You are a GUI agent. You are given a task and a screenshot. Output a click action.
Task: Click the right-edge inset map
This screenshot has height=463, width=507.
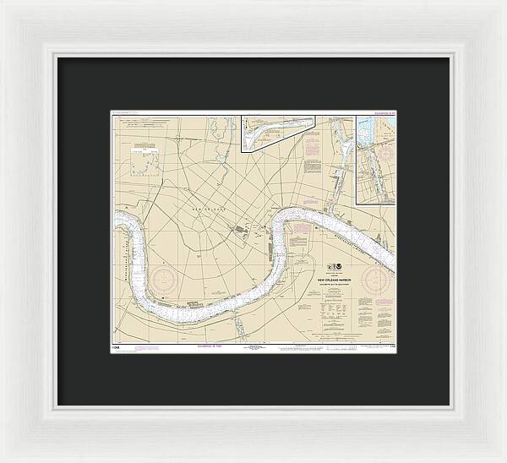(375, 160)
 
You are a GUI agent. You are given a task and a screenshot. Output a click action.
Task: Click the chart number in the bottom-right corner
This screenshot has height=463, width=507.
(390, 346)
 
